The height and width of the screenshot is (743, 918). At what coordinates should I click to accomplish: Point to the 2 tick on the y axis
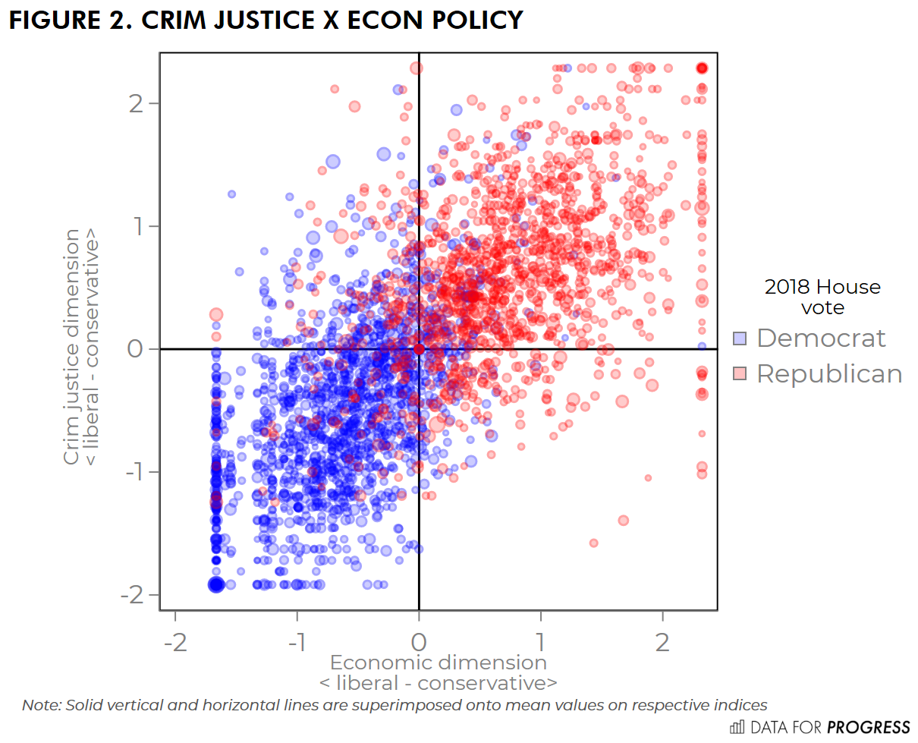(x=138, y=103)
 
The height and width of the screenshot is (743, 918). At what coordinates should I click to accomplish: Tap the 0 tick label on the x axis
(x=419, y=642)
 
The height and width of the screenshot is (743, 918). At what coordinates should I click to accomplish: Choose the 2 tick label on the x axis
(x=662, y=642)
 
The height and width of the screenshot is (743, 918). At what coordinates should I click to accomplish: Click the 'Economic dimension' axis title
(x=438, y=662)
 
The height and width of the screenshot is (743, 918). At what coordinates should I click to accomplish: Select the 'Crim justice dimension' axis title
(x=71, y=348)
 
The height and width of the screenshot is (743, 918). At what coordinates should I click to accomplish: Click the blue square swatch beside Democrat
(x=740, y=338)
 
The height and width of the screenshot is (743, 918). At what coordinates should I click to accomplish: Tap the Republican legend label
(x=829, y=373)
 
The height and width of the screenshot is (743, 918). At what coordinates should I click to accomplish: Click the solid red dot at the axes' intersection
(x=419, y=349)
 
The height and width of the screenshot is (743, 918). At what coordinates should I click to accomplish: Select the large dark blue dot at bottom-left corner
(x=216, y=584)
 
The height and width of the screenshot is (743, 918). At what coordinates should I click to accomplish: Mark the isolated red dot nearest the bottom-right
(x=593, y=543)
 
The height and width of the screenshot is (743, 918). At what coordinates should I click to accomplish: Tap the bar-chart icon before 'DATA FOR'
(x=737, y=727)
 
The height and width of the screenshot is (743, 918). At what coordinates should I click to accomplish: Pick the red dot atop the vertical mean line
(x=417, y=68)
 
